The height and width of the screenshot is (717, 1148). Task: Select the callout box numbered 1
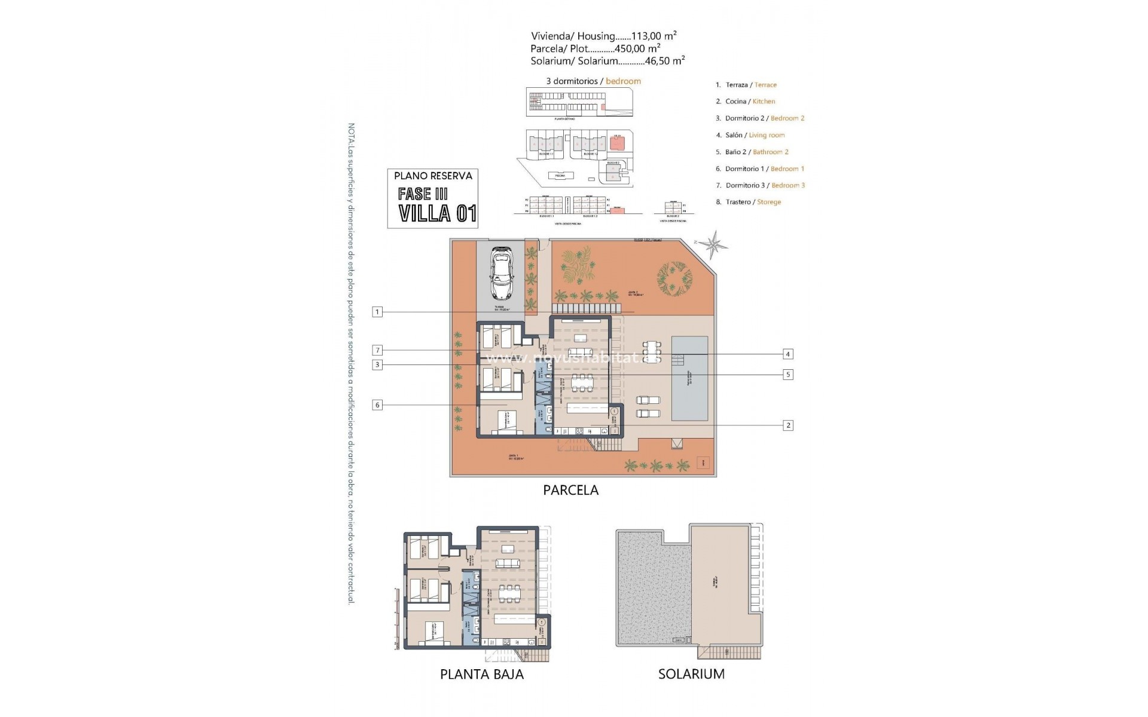click(377, 312)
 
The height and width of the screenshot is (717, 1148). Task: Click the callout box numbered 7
click(377, 350)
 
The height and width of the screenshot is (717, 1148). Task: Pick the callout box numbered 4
click(788, 354)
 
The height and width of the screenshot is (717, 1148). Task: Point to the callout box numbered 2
click(788, 425)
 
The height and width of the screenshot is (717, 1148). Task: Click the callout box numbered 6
click(377, 405)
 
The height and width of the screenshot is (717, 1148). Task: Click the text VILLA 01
click(437, 213)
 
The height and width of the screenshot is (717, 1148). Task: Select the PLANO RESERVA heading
click(433, 176)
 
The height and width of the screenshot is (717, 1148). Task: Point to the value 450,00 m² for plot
click(637, 48)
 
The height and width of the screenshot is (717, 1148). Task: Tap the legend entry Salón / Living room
click(750, 135)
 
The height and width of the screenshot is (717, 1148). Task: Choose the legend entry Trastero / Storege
click(749, 202)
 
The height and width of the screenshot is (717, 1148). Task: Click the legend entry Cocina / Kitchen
click(746, 102)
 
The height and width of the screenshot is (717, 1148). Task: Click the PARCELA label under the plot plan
click(570, 490)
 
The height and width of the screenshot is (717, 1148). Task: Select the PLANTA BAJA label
click(482, 674)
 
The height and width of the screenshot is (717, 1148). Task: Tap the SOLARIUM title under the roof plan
click(691, 674)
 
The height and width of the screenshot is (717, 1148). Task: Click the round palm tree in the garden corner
click(674, 278)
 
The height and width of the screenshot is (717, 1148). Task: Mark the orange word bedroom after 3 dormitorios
click(623, 81)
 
